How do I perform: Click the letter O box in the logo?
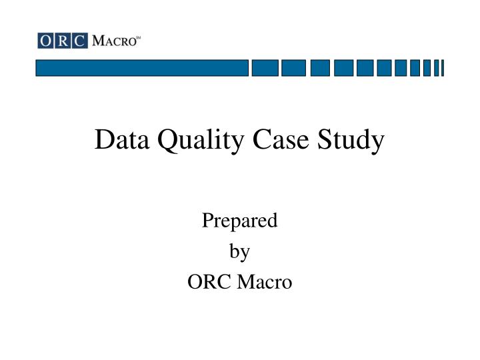click(45, 41)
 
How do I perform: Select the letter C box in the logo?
click(79, 41)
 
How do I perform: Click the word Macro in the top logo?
click(113, 41)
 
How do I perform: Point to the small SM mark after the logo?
click(138, 38)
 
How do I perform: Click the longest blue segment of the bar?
click(142, 68)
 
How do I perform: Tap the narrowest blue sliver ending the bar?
click(442, 68)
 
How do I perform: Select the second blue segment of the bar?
click(265, 68)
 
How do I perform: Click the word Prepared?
click(239, 221)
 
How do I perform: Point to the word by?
click(239, 252)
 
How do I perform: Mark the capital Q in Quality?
click(163, 141)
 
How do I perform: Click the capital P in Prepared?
click(207, 220)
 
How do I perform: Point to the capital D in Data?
click(103, 140)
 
